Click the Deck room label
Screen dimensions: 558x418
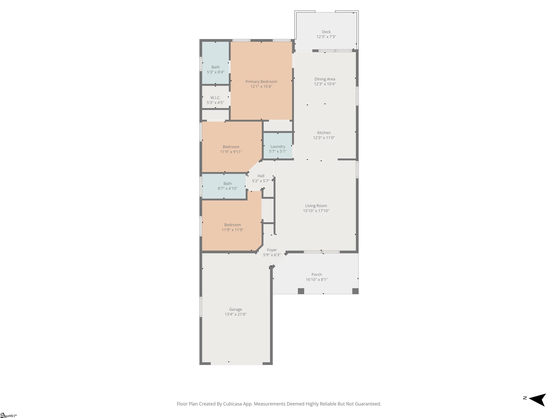point(326,32)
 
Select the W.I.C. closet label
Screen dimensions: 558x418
point(215,97)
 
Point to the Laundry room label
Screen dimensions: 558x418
point(278,147)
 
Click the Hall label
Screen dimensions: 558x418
point(261,176)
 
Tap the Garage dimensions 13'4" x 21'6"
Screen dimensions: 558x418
point(235,314)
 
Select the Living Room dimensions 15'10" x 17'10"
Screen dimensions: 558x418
point(316,211)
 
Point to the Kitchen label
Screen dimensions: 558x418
point(324,133)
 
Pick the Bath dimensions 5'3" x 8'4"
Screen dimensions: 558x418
point(215,72)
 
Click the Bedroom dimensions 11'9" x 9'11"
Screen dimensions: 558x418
point(231,152)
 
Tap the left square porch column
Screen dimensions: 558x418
point(301,291)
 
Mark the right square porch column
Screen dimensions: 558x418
point(355,291)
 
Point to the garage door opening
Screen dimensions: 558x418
point(237,364)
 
